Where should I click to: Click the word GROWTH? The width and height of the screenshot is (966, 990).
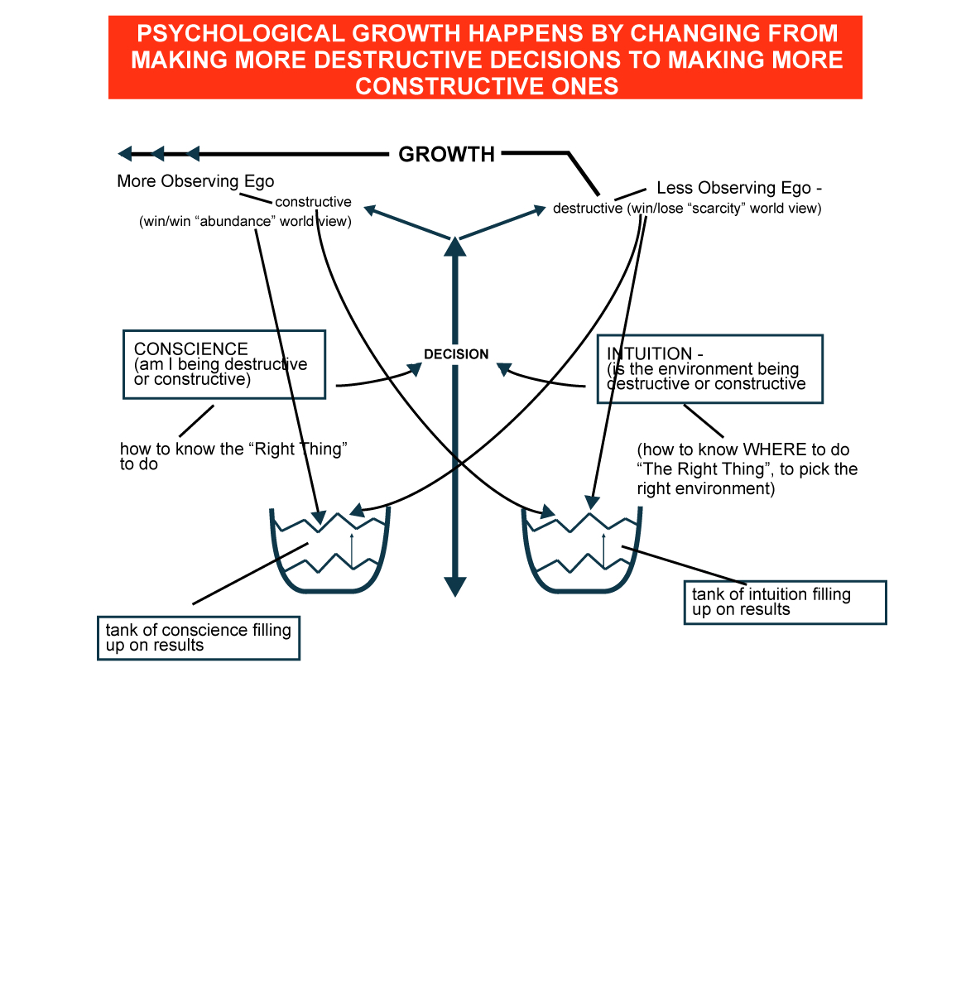point(446,155)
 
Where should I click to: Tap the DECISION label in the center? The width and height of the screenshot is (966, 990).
point(456,354)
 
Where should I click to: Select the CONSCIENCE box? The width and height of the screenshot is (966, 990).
point(223,364)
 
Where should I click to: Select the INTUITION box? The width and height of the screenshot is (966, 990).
point(709,369)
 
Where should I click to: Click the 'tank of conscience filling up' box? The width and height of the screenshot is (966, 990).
point(198,638)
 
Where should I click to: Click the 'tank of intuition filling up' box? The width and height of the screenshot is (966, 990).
point(784,602)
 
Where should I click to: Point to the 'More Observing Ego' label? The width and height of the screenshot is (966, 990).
point(195,181)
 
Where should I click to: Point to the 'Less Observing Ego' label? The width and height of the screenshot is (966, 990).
point(738,188)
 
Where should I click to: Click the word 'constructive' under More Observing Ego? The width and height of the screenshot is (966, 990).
point(313,202)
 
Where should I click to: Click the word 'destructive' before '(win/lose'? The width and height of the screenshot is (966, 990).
point(587,209)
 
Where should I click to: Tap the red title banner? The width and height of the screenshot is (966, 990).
point(485,58)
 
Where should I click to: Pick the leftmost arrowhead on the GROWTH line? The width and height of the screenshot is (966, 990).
point(125,153)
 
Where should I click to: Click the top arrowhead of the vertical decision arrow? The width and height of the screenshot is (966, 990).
point(454,246)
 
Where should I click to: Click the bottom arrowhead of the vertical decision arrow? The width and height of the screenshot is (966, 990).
point(454,587)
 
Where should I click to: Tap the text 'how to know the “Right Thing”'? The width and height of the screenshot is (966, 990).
point(233,449)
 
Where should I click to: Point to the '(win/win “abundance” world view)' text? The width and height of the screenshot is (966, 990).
point(245,222)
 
